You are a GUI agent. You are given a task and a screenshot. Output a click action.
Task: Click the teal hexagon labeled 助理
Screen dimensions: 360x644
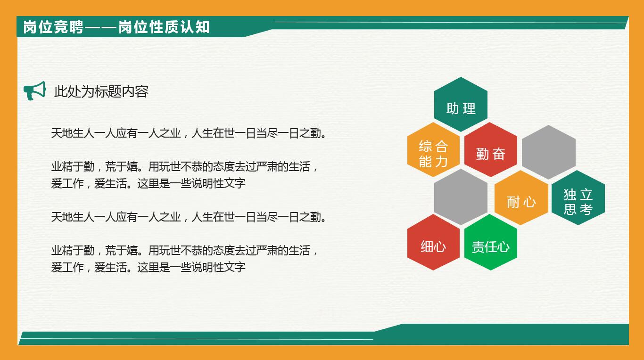461,105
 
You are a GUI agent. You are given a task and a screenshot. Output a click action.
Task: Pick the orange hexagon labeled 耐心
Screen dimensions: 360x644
521,198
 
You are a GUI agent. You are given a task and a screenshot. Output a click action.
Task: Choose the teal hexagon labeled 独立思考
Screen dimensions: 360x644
578,198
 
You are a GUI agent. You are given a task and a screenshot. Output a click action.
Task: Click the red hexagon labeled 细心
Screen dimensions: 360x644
433,243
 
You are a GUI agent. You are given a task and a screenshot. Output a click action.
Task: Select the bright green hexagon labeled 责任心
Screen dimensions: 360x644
491,243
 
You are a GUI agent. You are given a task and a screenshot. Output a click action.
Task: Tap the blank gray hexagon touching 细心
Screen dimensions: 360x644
461,197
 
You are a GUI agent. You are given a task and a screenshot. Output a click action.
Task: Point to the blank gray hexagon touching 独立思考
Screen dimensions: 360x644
549,152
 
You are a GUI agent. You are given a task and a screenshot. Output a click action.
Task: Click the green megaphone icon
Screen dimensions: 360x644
35,91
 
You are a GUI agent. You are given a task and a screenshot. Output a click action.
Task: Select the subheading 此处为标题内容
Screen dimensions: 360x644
101,91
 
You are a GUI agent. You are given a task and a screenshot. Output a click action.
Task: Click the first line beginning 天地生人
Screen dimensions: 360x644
189,133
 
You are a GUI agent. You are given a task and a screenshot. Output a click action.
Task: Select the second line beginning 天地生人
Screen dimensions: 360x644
189,217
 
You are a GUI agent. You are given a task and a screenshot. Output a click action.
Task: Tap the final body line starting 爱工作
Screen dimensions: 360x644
148,267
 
